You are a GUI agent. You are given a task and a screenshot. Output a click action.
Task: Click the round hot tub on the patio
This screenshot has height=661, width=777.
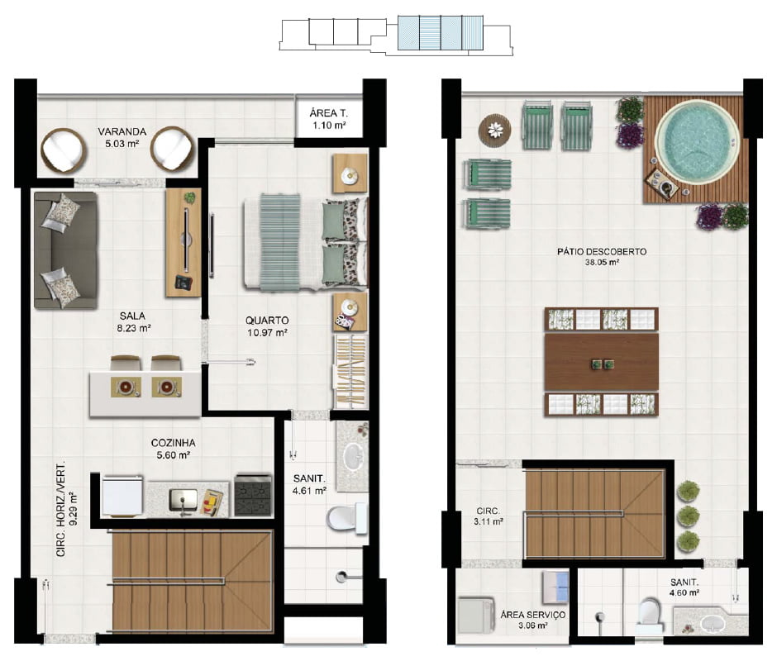pos(697,142)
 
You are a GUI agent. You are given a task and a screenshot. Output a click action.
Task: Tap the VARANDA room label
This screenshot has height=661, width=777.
pos(122,132)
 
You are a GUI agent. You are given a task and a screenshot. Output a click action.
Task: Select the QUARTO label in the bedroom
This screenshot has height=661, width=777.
pos(267,321)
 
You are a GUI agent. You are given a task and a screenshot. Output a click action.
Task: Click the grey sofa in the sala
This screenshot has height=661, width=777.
pos(66,250)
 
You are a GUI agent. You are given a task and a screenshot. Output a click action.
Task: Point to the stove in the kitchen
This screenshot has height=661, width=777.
pos(253,495)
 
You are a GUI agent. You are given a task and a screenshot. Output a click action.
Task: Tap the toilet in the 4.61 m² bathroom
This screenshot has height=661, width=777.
pos(346,518)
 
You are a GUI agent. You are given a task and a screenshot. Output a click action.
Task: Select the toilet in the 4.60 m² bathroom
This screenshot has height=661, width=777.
pos(649,615)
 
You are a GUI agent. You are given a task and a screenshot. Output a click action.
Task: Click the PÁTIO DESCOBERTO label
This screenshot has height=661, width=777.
pos(602,252)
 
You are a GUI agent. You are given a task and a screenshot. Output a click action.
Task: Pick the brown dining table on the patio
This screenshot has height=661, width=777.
pos(602,362)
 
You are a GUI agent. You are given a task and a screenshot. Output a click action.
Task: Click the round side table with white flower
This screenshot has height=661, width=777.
pos(494,131)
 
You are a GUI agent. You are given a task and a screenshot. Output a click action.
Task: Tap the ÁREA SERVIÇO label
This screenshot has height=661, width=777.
pos(532,615)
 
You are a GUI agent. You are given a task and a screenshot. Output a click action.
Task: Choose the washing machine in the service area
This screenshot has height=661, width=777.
pos(476,615)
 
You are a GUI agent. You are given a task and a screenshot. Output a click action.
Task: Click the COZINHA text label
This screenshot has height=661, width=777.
pos(173,443)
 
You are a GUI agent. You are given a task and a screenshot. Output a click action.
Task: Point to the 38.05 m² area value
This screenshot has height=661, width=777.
pos(602,263)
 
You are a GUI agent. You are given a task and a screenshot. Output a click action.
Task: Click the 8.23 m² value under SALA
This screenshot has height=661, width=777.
pos(134,328)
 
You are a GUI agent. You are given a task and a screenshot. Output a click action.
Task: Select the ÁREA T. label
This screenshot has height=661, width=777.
pos(328,113)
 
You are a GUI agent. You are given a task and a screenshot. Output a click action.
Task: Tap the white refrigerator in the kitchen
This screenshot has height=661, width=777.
pos(122,496)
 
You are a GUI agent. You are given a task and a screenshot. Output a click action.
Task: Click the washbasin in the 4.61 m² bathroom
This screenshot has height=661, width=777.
pos(353,456)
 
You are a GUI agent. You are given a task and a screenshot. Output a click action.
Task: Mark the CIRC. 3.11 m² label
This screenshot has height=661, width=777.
pos(489,516)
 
